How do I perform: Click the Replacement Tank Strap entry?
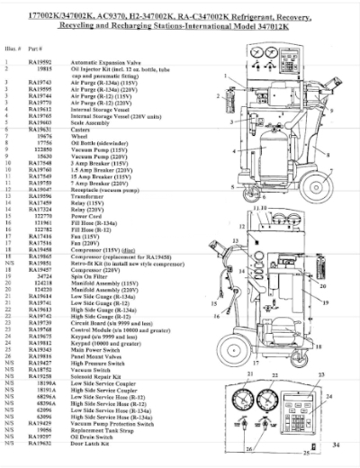[99, 429]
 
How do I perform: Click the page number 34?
[336, 445]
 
